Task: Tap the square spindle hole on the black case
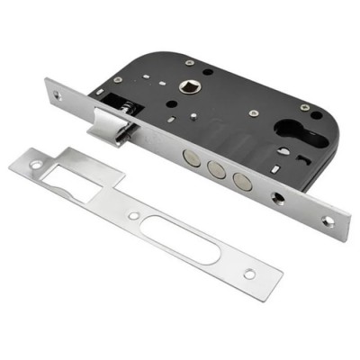[x=192, y=87]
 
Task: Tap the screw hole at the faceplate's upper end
[x=60, y=94]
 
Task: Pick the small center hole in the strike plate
[x=133, y=216]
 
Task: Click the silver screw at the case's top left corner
[x=189, y=62]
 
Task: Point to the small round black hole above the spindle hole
[x=207, y=71]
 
